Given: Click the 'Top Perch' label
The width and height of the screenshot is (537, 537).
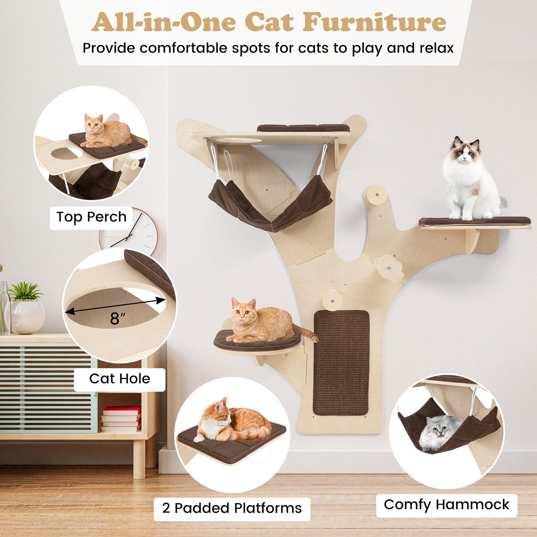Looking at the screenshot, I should click(91, 217).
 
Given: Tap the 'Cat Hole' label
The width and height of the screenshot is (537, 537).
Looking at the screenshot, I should click(119, 379).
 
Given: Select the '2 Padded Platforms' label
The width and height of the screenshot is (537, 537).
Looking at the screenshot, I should click(232, 508).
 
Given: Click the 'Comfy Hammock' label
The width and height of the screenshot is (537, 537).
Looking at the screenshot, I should click(446, 505).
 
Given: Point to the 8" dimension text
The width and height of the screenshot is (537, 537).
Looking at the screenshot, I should click(117, 318).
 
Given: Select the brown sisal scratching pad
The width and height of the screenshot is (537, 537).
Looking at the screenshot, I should click(341, 363).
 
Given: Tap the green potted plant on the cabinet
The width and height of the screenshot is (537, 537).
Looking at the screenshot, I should click(25, 291).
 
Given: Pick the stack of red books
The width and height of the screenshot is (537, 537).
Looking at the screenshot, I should click(121, 419).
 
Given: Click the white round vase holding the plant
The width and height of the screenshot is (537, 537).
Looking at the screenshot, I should click(28, 317).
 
